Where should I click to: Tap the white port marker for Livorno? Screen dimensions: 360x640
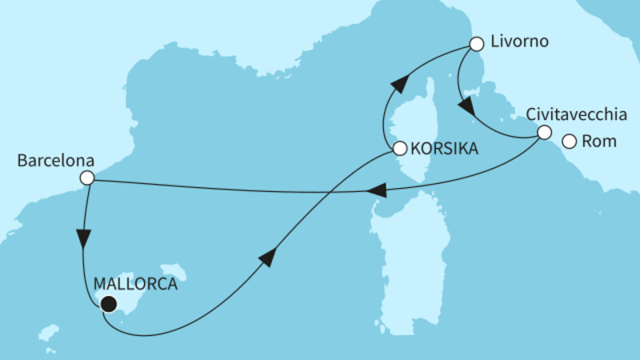point(477,44)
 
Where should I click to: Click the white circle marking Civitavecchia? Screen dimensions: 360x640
point(544,133)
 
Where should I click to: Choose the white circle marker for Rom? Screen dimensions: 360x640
point(569,142)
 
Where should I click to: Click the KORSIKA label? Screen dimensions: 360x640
point(446,149)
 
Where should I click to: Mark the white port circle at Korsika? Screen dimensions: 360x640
point(399,148)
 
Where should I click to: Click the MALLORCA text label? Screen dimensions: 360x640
point(134,283)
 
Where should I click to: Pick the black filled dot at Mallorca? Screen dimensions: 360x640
point(107,303)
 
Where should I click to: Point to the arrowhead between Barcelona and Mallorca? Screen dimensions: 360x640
point(83,239)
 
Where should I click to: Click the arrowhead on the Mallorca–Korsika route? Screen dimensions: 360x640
point(269,256)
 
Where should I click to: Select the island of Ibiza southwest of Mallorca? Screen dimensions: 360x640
point(50,332)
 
